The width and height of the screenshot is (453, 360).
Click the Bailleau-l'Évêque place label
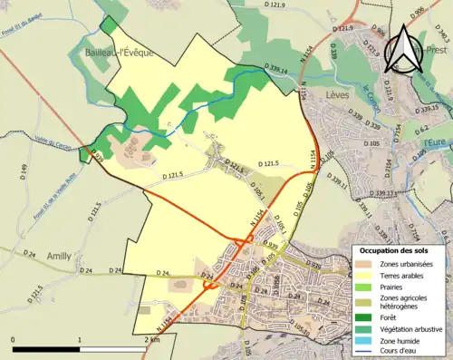pyautogui.click(x=120, y=53)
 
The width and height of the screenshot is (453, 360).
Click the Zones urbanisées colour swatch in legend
pyautogui.click(x=366, y=263)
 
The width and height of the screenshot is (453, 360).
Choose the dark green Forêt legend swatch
pyautogui.click(x=366, y=316)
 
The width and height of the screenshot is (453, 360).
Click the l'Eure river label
pyautogui.click(x=433, y=141)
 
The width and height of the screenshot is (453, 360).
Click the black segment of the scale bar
pyautogui.click(x=46, y=347)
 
